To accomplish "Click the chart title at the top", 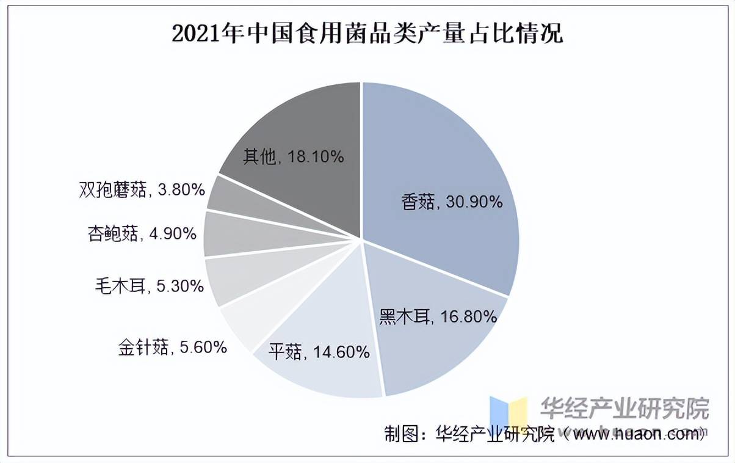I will coord(367,34).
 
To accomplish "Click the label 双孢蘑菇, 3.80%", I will coord(142,190).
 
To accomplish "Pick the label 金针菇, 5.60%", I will coord(173,348).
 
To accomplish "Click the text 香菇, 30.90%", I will coord(452,202).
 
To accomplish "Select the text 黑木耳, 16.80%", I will coord(438,316).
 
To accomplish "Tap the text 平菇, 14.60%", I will coord(319,352).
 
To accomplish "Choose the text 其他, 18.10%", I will coord(294,157).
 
